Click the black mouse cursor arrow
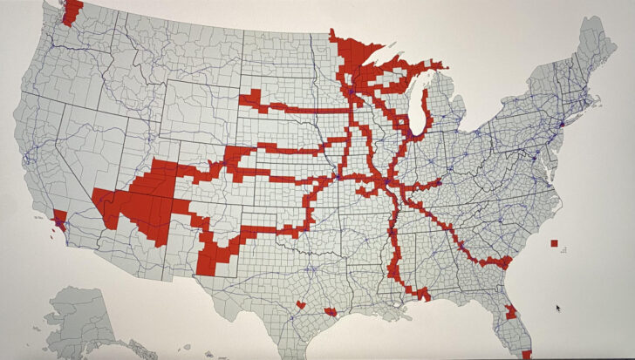point(558,308)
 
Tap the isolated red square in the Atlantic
point(555,243)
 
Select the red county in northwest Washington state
point(72,10)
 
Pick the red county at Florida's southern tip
point(526,355)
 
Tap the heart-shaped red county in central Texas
point(300,305)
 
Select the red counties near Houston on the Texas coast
point(331,310)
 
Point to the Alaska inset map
point(83,318)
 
